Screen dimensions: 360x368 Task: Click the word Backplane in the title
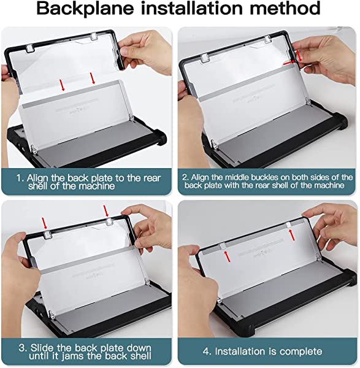85,9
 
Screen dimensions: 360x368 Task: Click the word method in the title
285,8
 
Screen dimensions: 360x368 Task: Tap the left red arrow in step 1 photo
62,85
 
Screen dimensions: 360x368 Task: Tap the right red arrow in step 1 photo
93,78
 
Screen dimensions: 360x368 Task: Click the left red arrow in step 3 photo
44,223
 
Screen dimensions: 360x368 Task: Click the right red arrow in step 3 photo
106,211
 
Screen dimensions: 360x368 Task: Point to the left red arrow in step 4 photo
227,256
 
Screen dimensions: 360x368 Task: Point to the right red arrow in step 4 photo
292,235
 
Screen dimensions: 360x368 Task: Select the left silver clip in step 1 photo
30,48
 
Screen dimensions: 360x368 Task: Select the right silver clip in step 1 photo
94,36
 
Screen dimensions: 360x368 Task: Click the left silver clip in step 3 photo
48,234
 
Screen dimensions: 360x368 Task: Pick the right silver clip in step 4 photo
289,225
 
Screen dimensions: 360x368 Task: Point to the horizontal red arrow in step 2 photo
289,63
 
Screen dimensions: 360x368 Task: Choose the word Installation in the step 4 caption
240,351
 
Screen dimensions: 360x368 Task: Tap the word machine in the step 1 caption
97,186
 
